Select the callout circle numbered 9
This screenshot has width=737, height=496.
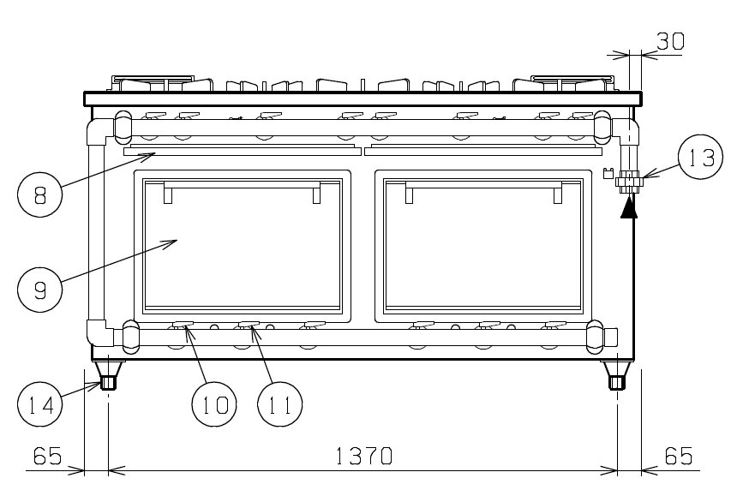tap(40, 289)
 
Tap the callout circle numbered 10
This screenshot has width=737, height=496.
tap(214, 404)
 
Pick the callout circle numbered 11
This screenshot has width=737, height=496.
tap(280, 404)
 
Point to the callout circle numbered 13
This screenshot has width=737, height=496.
tap(701, 157)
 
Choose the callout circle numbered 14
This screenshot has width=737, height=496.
tap(40, 404)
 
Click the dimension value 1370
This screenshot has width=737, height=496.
tap(364, 456)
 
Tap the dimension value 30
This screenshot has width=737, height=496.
tap(670, 41)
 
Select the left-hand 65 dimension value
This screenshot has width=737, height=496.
tap(47, 456)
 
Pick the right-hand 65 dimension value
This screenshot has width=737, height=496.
tap(679, 456)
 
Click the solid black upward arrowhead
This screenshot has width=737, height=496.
tap(629, 208)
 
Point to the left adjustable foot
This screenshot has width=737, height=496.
tap(109, 375)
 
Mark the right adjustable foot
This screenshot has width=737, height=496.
tap(617, 375)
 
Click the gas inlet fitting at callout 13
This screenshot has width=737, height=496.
tap(629, 182)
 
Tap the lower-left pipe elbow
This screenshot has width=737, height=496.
tap(99, 332)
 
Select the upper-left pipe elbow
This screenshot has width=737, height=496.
tap(99, 132)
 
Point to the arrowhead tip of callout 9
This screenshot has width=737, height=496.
tap(177, 241)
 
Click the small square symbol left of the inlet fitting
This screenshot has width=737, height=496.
tap(608, 173)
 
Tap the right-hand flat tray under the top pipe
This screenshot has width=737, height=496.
tap(483, 151)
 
